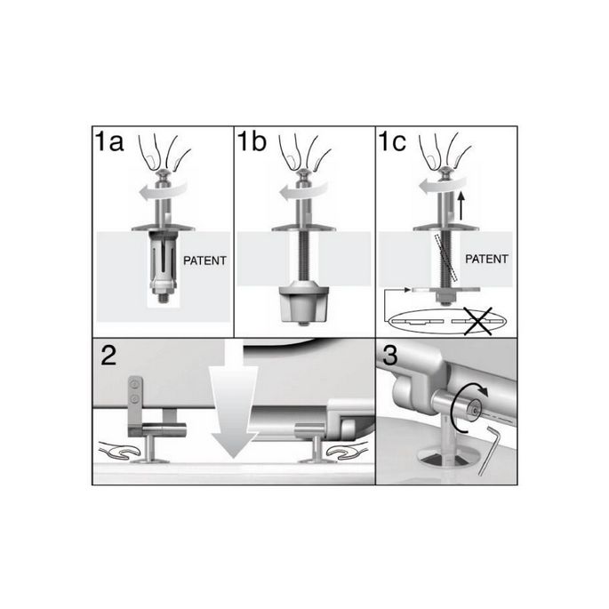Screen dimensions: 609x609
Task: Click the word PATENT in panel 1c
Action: coord(487,260)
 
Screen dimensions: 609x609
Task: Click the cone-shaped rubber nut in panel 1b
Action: coord(304,306)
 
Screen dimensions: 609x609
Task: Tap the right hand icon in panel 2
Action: coord(343,453)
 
